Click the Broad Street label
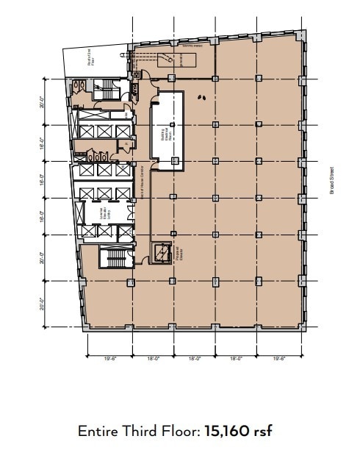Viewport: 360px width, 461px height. (x=332, y=180)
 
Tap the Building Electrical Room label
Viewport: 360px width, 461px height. (x=166, y=135)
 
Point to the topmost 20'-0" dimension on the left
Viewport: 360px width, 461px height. (x=43, y=101)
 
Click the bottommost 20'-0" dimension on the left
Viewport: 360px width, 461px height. (x=43, y=304)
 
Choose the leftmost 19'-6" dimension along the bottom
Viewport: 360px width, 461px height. (x=109, y=358)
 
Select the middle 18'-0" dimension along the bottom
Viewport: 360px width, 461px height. (x=195, y=358)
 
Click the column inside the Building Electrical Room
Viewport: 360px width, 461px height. (x=173, y=125)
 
